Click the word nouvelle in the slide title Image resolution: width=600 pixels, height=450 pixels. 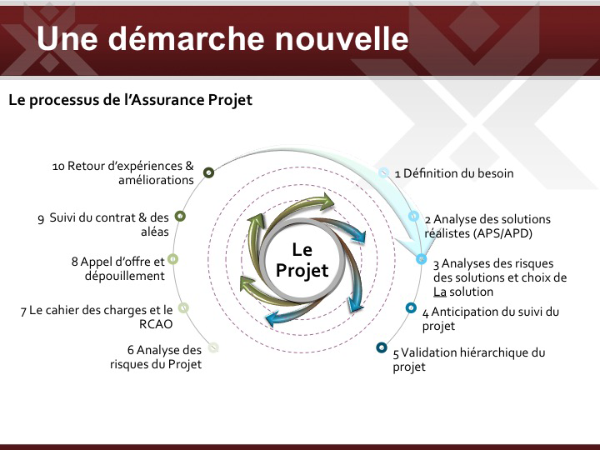tap(342, 38)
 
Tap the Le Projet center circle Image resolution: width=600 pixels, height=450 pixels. tap(302, 260)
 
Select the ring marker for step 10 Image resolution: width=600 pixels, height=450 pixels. tap(208, 172)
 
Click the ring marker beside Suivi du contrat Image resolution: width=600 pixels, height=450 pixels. tap(180, 216)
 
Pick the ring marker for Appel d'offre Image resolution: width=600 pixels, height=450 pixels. tap(173, 259)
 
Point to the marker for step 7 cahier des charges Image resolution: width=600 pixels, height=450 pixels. tap(183, 307)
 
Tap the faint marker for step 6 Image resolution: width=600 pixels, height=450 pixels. tap(213, 347)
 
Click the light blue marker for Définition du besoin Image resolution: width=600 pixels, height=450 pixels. tap(383, 172)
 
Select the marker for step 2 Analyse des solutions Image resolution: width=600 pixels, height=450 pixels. tap(413, 216)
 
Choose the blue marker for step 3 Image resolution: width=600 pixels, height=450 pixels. tap(422, 259)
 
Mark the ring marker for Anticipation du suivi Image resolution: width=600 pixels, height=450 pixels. tap(411, 307)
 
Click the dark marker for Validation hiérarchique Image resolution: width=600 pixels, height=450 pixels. tap(382, 347)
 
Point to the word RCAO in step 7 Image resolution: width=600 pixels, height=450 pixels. tap(156, 324)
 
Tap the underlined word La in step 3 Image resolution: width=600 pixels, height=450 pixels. tap(440, 292)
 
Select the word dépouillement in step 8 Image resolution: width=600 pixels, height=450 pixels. tap(125, 276)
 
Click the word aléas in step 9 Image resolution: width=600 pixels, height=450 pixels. tap(155, 232)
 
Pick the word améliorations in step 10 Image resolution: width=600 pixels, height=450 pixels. tap(156, 180)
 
